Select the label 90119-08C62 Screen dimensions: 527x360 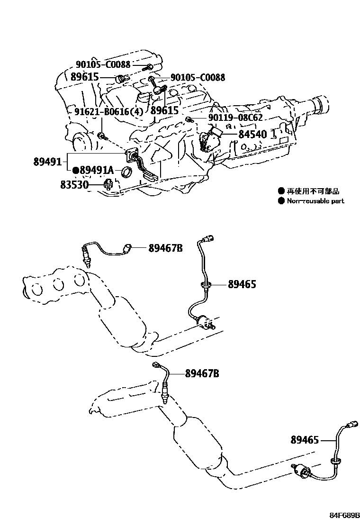tap(235, 118)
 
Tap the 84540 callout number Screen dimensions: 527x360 tap(253, 134)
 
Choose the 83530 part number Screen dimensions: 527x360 tap(75, 184)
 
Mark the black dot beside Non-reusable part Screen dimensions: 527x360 tap(281, 201)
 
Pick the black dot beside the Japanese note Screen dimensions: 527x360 tap(281, 191)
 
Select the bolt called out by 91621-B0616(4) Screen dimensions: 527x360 tap(102, 136)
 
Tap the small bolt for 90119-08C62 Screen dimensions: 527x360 tap(189, 118)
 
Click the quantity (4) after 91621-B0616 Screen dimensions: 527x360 tap(136, 112)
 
